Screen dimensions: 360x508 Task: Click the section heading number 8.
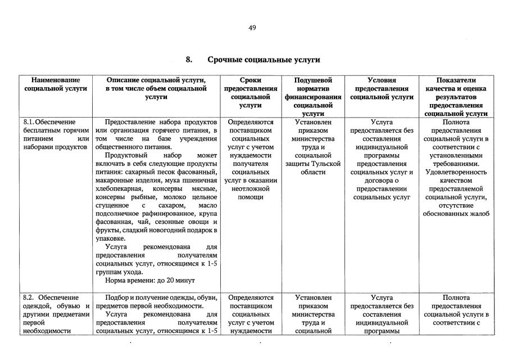[x=189, y=60]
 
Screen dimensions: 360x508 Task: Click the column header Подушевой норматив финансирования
[x=313, y=93]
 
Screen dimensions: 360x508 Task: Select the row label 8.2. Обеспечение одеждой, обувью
[x=56, y=314]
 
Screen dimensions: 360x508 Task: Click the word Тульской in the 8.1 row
[x=327, y=163]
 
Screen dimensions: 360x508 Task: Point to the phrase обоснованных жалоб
[x=456, y=213]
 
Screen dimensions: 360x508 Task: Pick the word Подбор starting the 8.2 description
[x=116, y=298]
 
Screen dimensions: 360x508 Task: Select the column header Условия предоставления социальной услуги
[x=382, y=89]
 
